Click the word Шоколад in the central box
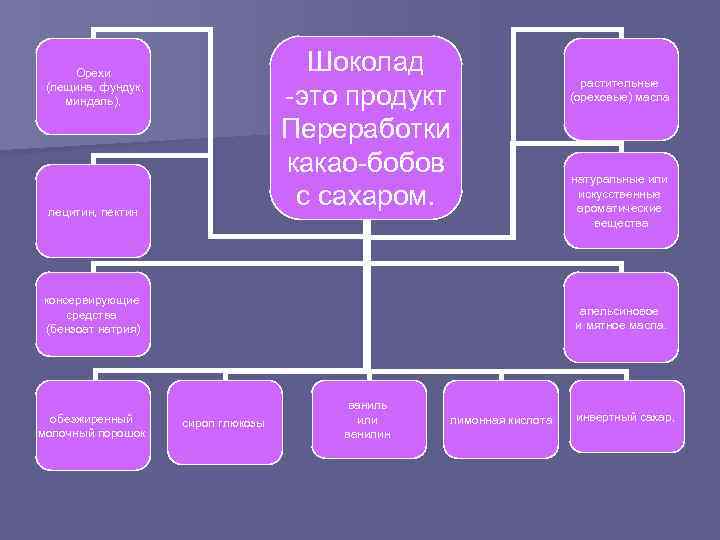point(366,61)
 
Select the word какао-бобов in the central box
point(366,163)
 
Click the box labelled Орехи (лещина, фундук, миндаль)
point(92,87)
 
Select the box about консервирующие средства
point(92,314)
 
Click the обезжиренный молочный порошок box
point(92,425)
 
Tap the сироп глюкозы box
point(223,424)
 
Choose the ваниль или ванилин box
point(366,419)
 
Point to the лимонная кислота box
point(501,420)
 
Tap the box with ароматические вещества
point(621,201)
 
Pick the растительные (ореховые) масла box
point(621,91)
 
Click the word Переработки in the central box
point(366,129)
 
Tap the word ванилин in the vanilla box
point(366,434)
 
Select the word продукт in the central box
point(391,95)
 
